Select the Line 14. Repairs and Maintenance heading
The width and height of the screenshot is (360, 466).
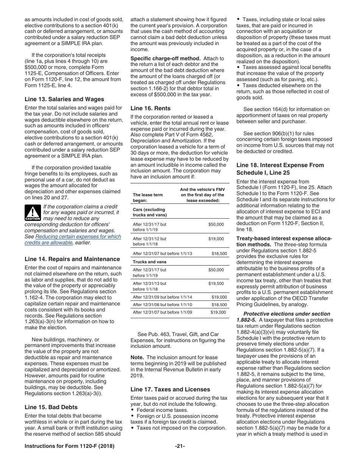(x=72, y=259)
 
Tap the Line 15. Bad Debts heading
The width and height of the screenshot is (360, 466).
(x=51, y=407)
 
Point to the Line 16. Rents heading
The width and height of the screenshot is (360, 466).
(x=150, y=108)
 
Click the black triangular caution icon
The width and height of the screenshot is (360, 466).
(x=33, y=213)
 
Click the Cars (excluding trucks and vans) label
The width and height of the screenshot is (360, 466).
(x=149, y=212)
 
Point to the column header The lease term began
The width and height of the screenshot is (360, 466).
(x=148, y=197)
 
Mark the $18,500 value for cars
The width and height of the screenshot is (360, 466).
(x=219, y=254)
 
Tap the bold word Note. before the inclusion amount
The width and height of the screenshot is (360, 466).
(x=137, y=357)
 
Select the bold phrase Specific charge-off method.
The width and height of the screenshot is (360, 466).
(x=165, y=58)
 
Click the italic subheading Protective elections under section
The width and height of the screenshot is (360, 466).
(x=286, y=314)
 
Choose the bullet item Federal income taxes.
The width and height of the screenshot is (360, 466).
(x=162, y=410)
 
